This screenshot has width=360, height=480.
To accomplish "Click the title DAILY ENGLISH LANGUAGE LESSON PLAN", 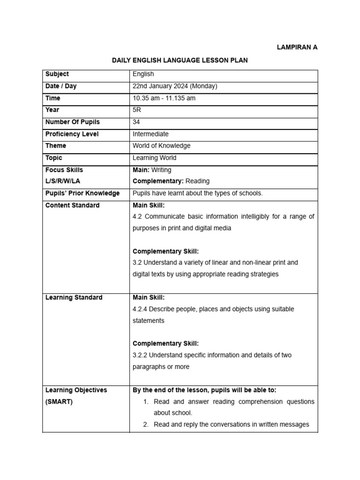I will (x=180, y=60).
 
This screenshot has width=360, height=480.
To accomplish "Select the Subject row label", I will (x=57, y=74).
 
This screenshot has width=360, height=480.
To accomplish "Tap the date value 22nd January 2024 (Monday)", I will (x=175, y=86).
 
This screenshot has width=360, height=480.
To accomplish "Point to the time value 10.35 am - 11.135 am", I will (x=164, y=98).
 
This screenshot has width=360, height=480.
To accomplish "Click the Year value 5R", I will (x=137, y=110).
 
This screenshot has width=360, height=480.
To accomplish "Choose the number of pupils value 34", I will (x=137, y=122).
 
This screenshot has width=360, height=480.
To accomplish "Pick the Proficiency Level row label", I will (x=72, y=134).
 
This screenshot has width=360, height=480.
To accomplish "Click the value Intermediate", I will (x=150, y=134).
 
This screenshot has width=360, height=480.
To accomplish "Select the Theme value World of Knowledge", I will (x=162, y=146).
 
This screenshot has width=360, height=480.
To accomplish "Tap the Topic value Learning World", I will (x=155, y=158).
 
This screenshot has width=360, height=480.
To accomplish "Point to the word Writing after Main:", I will (x=161, y=170).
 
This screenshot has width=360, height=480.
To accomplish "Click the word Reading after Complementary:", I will (x=197, y=181).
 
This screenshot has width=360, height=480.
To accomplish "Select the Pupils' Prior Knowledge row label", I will (x=82, y=193).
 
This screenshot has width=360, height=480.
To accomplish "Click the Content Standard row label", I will (x=72, y=205).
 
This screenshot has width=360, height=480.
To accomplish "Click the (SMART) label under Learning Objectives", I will (x=59, y=402).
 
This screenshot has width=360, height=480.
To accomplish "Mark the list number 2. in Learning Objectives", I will (x=146, y=424).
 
